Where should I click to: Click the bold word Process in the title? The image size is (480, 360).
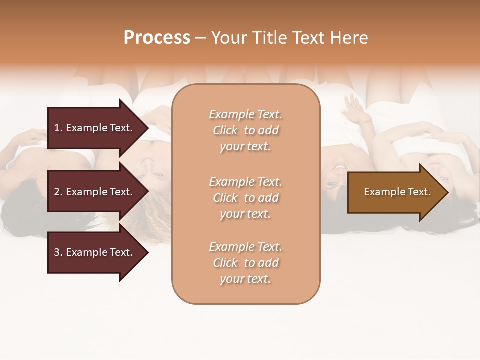157,38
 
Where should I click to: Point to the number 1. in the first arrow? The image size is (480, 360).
58,128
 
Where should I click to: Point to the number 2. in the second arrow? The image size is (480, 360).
58,192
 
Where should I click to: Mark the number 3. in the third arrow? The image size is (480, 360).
58,252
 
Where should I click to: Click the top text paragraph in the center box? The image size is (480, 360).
245,130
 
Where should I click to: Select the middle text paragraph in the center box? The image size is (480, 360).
245,198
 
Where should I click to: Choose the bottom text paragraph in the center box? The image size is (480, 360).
245,263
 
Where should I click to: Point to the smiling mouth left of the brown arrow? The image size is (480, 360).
340,167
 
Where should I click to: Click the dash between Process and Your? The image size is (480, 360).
200,38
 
